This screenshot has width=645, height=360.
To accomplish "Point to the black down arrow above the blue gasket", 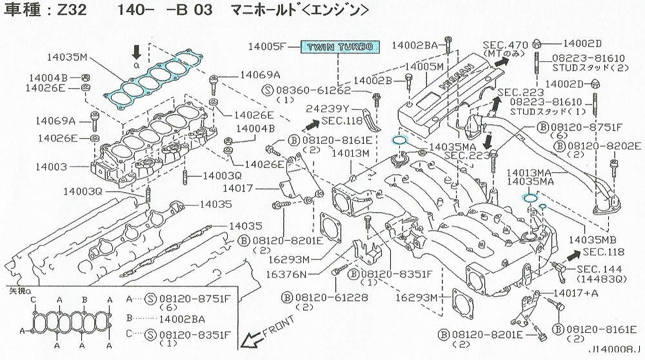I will tap(136, 52).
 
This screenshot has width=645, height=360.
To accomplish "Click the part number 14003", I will tap(51, 166).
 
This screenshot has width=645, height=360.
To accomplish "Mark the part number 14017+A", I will tap(576, 293).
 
